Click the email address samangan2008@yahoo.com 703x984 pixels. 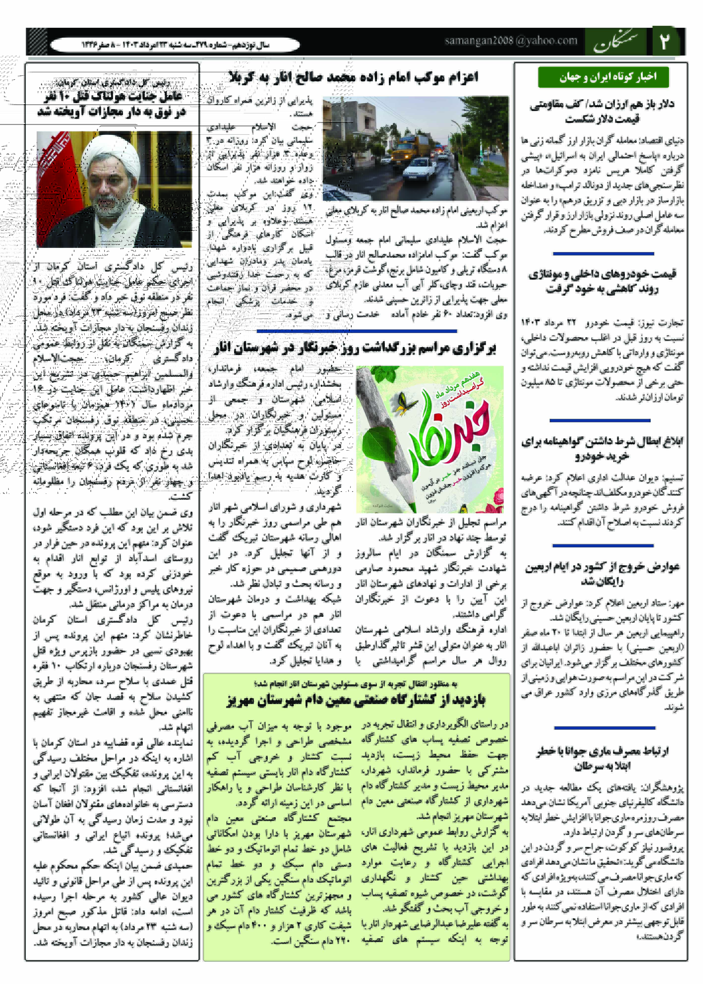(x=511, y=41)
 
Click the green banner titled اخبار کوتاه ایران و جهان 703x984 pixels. (x=603, y=77)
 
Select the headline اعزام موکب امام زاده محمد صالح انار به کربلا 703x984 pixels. (x=354, y=77)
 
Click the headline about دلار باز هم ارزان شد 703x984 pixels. (x=602, y=111)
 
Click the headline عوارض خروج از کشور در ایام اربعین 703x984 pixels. (x=602, y=574)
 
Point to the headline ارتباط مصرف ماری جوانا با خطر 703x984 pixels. (x=602, y=758)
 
